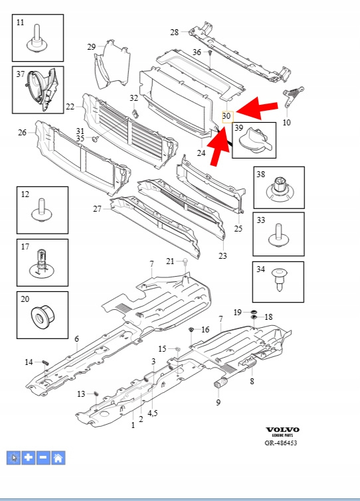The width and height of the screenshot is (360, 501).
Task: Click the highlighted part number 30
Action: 226,115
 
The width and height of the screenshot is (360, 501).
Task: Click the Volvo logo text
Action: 283,430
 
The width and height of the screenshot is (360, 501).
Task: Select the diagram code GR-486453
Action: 281,443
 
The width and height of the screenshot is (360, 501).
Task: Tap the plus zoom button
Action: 29,458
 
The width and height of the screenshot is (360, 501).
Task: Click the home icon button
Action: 58,458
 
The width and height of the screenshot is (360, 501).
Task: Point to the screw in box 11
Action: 37,38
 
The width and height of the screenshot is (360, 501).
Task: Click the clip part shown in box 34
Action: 279,280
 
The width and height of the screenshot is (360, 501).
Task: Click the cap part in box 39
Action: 257,140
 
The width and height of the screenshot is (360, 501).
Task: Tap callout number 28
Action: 174,33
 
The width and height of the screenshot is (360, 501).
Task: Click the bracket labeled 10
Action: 292,96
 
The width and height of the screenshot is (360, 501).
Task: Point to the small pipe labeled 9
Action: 221,382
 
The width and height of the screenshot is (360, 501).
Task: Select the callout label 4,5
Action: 153,413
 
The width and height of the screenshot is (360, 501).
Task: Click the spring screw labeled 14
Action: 46,362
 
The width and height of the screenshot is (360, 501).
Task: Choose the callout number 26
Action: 22,132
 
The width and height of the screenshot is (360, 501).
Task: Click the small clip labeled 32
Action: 135,113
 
